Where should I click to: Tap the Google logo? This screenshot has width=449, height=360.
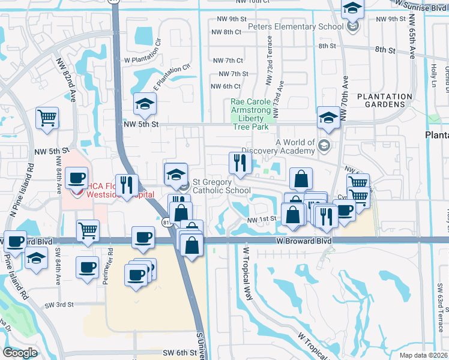20,353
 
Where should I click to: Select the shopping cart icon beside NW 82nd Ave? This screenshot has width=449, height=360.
47,118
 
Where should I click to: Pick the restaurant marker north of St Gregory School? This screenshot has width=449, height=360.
240,163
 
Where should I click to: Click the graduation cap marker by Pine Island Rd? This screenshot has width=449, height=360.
37,259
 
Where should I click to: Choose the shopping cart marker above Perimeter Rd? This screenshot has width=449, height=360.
88,230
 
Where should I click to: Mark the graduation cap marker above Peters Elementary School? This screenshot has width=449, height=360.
352,8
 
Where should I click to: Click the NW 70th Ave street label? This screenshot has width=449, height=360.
345,96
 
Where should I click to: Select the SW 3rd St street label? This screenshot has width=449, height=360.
59,305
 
